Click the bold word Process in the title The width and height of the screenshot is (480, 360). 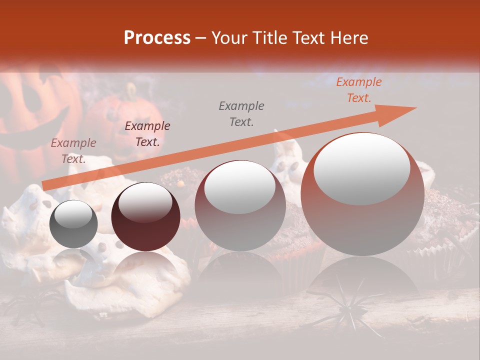click(157, 37)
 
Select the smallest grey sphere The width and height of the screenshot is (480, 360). click(73, 224)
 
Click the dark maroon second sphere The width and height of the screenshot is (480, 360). click(145, 216)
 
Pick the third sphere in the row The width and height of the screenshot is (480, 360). click(240, 205)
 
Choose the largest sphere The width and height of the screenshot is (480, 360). click(362, 194)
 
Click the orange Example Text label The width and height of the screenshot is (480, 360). click(358, 90)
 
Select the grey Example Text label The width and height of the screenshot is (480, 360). click(241, 113)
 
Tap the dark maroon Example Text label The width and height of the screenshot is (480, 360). click(147, 133)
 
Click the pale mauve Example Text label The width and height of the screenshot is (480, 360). click(73, 150)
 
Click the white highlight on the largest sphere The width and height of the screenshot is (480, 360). click(361, 168)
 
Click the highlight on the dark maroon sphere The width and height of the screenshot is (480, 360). click(145, 202)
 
